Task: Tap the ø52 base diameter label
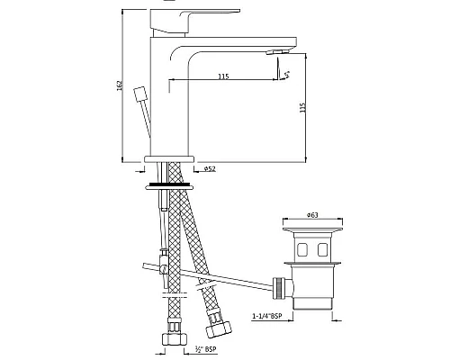coord(209,168)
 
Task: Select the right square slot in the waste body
coord(325,247)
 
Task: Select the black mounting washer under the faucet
coord(168,184)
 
